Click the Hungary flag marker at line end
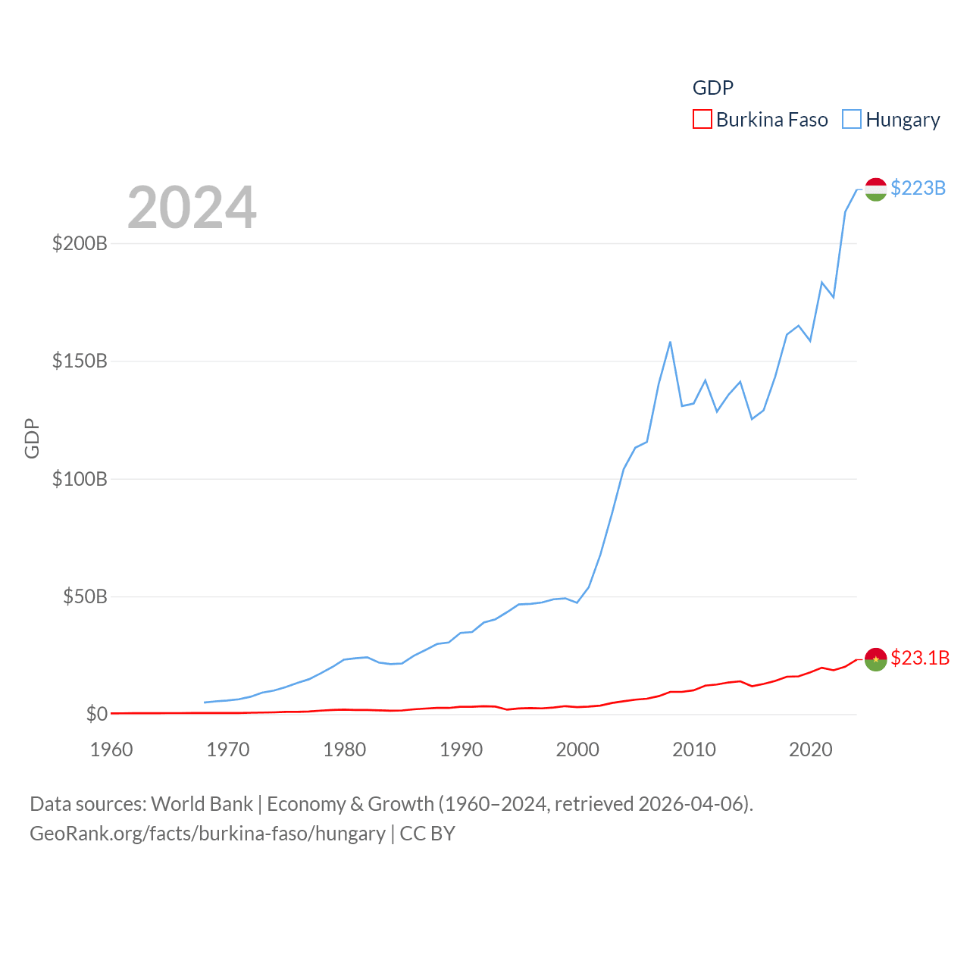coord(875,189)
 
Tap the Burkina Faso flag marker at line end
coord(875,659)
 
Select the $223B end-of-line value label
coord(918,188)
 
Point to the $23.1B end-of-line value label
coord(919,658)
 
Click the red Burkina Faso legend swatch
coord(702,120)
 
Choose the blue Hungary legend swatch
coord(852,120)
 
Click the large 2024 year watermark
coord(192,208)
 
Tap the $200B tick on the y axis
coord(80,243)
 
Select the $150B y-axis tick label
coord(80,361)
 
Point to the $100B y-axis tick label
coord(80,479)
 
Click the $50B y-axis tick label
coord(85,596)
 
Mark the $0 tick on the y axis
coord(96,714)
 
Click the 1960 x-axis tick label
coord(111,749)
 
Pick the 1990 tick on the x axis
coord(461,749)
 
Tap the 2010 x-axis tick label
coord(694,749)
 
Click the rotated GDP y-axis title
coord(32,438)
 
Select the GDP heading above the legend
coord(713,88)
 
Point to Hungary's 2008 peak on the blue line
coord(670,342)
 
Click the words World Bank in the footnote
coord(202,803)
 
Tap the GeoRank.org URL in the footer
coord(208,834)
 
